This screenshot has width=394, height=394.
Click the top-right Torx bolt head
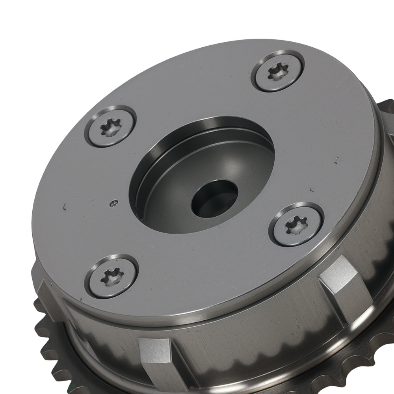(279, 71)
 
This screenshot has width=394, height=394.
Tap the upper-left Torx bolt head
(110, 126)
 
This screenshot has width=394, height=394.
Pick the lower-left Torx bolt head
(112, 276)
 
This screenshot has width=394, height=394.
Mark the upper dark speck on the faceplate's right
(336, 160)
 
